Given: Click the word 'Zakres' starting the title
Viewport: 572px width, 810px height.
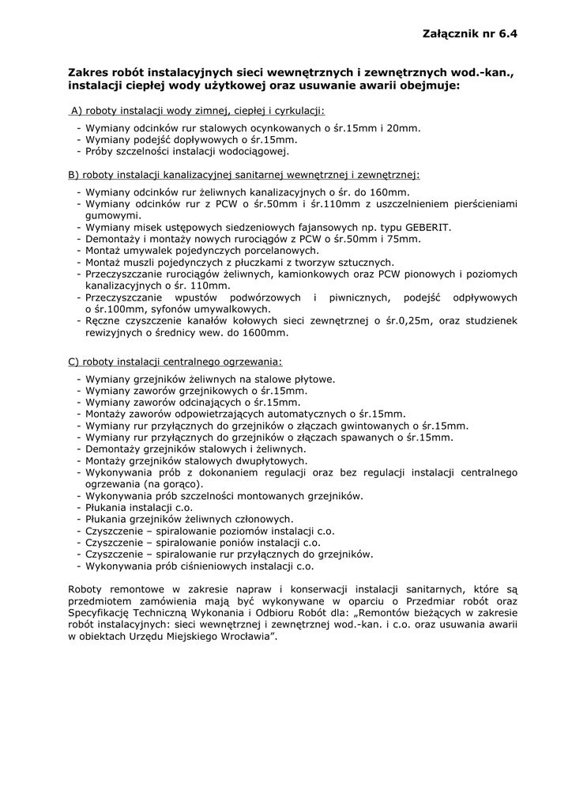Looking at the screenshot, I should [x=88, y=72].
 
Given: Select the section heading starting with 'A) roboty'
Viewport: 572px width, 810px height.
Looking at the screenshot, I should [x=198, y=111].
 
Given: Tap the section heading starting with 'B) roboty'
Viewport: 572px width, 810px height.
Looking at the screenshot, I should [x=243, y=174].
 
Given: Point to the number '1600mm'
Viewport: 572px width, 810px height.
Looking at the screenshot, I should [x=270, y=333].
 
